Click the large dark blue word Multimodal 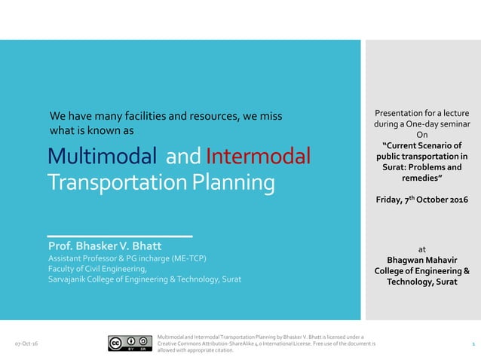[x=102, y=157]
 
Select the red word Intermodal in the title [x=258, y=157]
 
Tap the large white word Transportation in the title [x=115, y=183]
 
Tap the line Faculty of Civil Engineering [x=97, y=269]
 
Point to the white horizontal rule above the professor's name [x=121, y=233]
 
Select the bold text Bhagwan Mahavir [x=421, y=261]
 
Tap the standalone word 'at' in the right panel [x=421, y=249]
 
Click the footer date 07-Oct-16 [x=27, y=343]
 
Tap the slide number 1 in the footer [x=472, y=343]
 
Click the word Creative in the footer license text [x=168, y=343]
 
